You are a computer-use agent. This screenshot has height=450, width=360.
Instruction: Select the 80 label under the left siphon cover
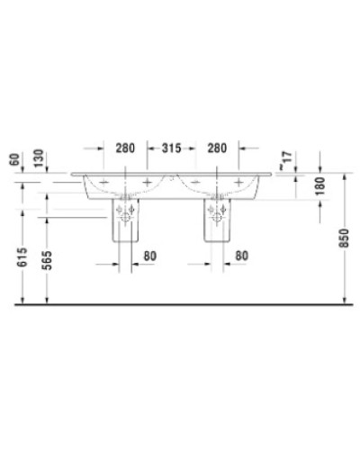[149, 256]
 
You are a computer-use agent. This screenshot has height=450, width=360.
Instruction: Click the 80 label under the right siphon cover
[241, 256]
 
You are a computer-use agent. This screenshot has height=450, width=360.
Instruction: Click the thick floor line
[180, 305]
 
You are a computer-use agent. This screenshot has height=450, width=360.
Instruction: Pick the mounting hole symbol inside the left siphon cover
[124, 212]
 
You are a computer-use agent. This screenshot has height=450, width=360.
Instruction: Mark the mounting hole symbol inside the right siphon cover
[217, 212]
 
